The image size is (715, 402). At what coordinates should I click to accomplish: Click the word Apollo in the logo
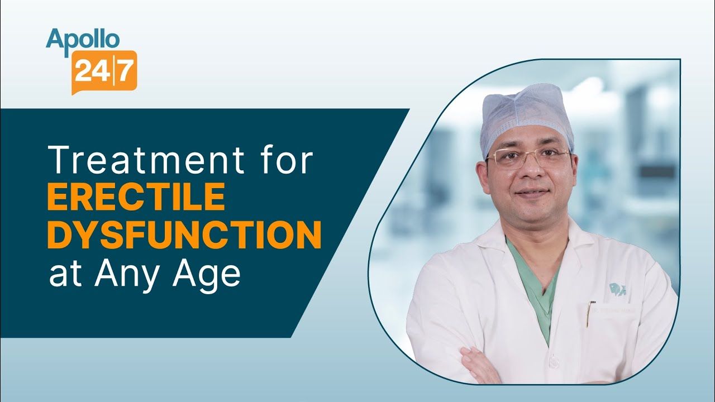(x=82, y=39)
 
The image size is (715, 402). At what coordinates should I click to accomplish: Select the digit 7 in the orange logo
(x=125, y=73)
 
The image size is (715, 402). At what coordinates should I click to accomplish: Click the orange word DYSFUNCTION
(x=184, y=236)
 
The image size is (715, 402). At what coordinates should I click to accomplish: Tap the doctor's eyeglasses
(x=527, y=157)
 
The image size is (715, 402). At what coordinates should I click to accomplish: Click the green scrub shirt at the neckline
(x=536, y=279)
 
